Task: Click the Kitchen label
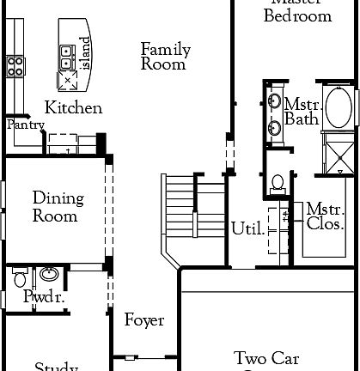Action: (74, 108)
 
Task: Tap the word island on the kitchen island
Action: (84, 53)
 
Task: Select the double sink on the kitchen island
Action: (66, 57)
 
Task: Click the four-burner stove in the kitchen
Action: (15, 66)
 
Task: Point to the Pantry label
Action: (25, 125)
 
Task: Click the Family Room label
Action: (165, 57)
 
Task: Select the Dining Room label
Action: (58, 208)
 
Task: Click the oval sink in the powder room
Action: (50, 276)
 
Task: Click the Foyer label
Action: (143, 321)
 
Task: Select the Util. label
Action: (247, 228)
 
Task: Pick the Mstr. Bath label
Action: (302, 112)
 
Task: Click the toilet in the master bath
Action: (277, 182)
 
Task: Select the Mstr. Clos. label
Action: (326, 217)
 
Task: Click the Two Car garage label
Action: (266, 358)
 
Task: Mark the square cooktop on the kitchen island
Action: (67, 81)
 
